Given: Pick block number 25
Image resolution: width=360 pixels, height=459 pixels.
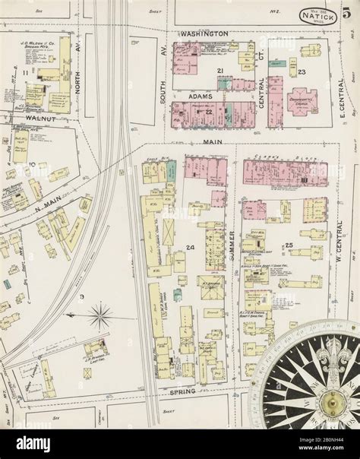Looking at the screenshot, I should [289, 245].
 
